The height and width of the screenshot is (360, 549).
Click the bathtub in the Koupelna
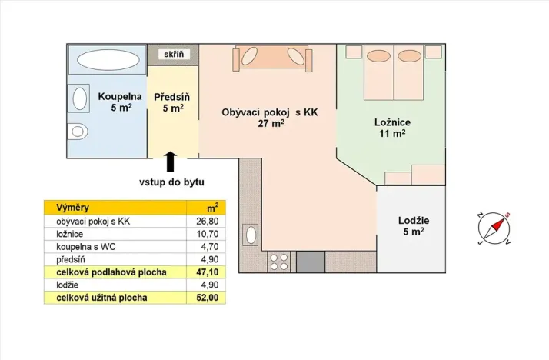[105, 60]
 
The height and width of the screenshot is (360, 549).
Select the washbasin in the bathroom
[79, 98]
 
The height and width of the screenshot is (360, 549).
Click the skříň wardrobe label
[172, 55]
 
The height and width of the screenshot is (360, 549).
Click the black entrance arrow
[170, 161]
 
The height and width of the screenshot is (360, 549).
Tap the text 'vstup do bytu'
[171, 182]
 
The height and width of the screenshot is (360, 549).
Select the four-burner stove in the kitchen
[278, 261]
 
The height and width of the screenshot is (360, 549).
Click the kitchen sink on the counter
[250, 234]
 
